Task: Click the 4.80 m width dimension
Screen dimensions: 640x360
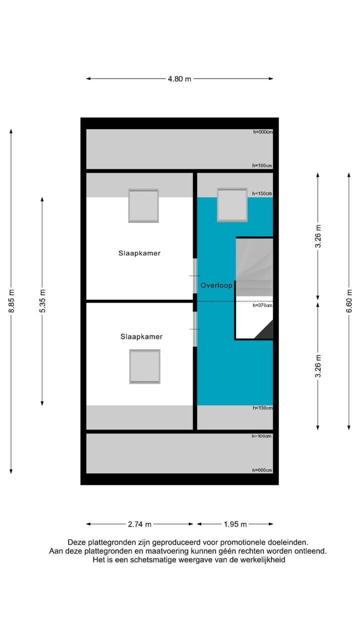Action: [179, 78]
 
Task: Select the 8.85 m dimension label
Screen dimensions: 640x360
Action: [11, 301]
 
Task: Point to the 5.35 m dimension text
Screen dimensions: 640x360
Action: [42, 301]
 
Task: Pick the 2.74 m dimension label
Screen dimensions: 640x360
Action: [139, 524]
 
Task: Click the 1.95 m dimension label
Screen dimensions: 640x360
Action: [235, 524]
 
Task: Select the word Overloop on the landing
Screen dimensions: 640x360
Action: [216, 285]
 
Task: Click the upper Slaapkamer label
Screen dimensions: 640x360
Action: [139, 253]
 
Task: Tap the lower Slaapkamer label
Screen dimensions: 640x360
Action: [141, 336]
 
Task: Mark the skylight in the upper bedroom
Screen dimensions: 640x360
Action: [143, 205]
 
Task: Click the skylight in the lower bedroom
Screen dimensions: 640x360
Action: [145, 366]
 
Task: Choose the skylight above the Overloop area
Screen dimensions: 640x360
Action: [232, 205]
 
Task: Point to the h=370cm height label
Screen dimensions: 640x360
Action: [262, 305]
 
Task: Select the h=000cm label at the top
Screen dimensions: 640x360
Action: [262, 132]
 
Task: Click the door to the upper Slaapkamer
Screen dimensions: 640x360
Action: [195, 276]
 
